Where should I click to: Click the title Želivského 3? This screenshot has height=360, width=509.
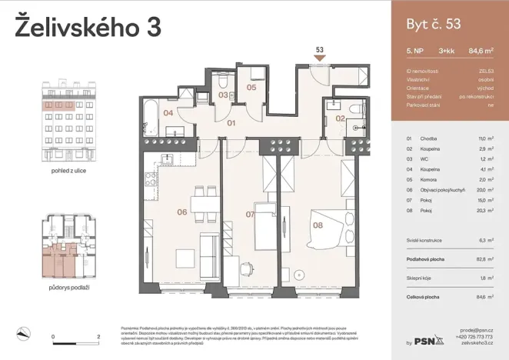[88, 26]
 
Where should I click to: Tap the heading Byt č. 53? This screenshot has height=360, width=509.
[432, 24]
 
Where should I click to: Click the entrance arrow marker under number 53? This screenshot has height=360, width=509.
[319, 58]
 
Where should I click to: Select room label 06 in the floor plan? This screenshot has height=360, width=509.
[182, 212]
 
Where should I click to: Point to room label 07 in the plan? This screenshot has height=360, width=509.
[250, 214]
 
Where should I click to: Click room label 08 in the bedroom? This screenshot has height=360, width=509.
[317, 225]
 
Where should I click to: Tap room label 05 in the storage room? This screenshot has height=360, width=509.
[251, 88]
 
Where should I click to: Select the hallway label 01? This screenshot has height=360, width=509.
[229, 122]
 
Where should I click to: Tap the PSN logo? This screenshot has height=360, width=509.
[429, 340]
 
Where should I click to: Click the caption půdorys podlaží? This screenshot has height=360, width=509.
[65, 287]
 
